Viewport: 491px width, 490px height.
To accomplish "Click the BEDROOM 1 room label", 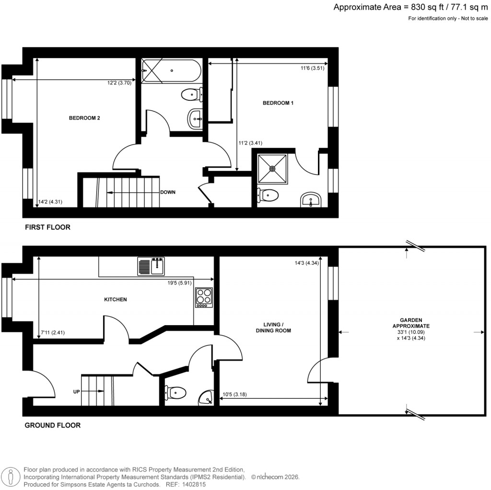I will pyautogui.click(x=278, y=103).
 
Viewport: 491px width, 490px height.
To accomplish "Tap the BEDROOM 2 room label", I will pyautogui.click(x=84, y=118).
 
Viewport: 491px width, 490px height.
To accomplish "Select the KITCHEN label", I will pyautogui.click(x=116, y=299).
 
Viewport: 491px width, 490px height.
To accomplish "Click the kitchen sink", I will pyautogui.click(x=152, y=266).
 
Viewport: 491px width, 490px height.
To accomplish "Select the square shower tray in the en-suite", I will pyautogui.click(x=272, y=169).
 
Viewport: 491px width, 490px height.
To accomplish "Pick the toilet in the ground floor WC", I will pyautogui.click(x=175, y=393).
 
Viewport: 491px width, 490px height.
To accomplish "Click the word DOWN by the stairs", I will pyautogui.click(x=168, y=192).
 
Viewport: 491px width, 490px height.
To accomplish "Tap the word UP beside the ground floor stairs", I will pyautogui.click(x=76, y=392).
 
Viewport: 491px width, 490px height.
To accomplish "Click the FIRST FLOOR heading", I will pyautogui.click(x=47, y=227).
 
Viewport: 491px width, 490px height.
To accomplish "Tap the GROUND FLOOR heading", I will pyautogui.click(x=52, y=425).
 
